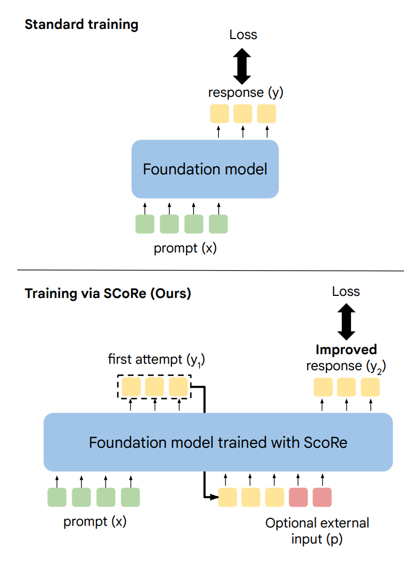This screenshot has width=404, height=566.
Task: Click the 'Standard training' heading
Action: [81, 25]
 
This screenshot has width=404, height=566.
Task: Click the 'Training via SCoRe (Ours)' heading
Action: [108, 294]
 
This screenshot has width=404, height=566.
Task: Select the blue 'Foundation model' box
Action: [205, 169]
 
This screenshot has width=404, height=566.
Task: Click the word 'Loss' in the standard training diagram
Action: [243, 35]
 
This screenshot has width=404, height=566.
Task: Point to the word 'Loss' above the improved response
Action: [346, 292]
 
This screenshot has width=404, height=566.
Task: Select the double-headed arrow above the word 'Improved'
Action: [346, 321]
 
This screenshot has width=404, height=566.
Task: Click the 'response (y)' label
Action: [245, 93]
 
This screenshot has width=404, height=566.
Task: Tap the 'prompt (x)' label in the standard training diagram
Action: [185, 249]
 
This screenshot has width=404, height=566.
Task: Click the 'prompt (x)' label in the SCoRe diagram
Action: [95, 522]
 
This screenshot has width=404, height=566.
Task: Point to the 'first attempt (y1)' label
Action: [156, 360]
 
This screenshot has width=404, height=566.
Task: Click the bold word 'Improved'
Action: [346, 350]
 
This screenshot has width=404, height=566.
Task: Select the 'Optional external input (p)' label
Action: [317, 530]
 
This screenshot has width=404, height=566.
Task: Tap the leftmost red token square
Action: [298, 497]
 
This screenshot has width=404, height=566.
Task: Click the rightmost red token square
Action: [322, 497]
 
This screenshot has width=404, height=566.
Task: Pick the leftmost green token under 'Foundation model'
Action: [145, 224]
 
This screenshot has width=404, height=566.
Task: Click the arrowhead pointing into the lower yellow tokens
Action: [214, 497]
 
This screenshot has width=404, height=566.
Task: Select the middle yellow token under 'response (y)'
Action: [243, 114]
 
